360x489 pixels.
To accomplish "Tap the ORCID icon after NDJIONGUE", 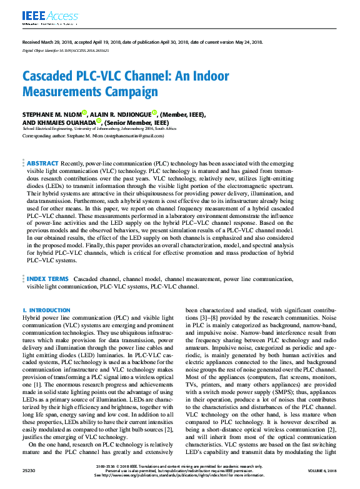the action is click(x=154, y=112).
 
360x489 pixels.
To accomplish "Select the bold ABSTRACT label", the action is click(x=42, y=162).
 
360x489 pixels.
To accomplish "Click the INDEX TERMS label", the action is click(x=47, y=279).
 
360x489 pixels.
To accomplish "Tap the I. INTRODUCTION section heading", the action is click(x=46, y=310).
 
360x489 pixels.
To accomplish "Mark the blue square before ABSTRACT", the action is click(x=24, y=162).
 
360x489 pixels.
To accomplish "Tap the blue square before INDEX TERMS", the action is click(x=24, y=279).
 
